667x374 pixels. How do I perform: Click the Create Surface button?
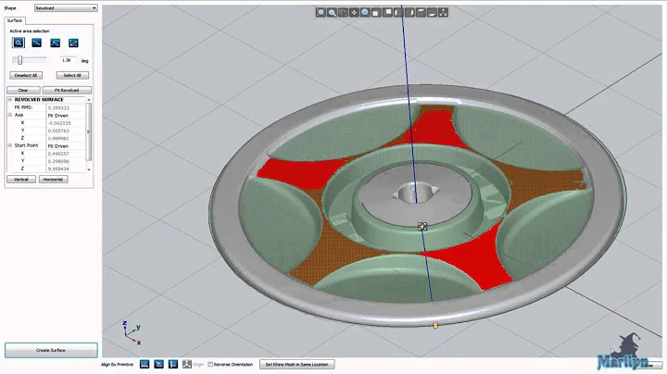tap(51, 350)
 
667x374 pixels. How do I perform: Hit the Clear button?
tap(23, 90)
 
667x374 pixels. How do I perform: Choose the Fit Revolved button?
tap(68, 90)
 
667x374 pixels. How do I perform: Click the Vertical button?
tap(21, 179)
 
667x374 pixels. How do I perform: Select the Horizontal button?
tap(52, 179)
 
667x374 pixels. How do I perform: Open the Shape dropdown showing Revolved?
tap(65, 7)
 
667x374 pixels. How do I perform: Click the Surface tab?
tap(16, 19)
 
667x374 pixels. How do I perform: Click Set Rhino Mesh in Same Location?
tap(297, 364)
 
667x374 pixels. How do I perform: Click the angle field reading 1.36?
tap(66, 60)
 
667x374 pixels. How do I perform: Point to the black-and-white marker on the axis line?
tap(422, 226)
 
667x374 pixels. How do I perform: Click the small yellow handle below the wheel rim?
tap(435, 325)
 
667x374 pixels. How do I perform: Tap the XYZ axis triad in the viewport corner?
tap(131, 329)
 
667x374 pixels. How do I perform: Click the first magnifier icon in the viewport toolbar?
tap(321, 13)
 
